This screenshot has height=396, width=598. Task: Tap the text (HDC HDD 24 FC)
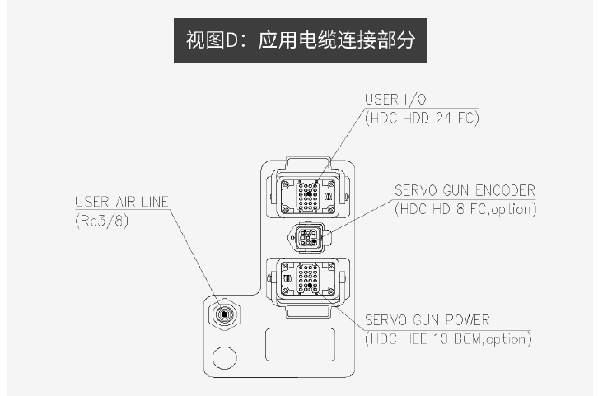pyautogui.click(x=422, y=119)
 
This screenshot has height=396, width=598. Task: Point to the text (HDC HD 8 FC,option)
pyautogui.click(x=465, y=209)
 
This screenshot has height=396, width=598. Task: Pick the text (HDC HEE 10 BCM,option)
pyautogui.click(x=448, y=338)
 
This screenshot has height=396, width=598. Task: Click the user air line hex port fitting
pyautogui.click(x=222, y=314)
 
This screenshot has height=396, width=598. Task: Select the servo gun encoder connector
pyautogui.click(x=306, y=238)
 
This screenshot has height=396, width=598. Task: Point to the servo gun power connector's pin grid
pyautogui.click(x=306, y=278)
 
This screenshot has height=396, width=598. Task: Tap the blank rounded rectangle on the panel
pyautogui.click(x=300, y=343)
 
